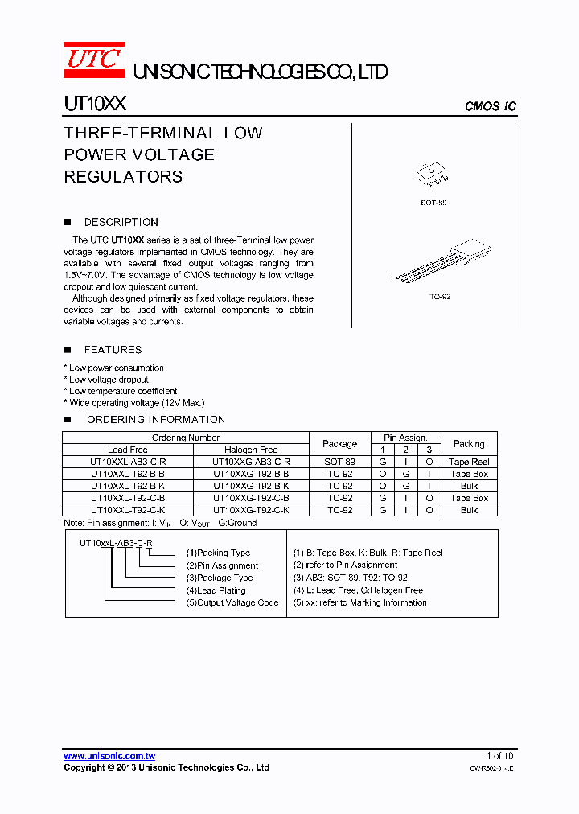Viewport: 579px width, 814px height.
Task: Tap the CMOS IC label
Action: click(490, 106)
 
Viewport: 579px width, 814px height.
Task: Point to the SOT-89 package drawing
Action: click(433, 175)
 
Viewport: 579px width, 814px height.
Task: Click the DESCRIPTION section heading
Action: click(121, 222)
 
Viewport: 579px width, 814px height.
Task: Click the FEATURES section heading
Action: click(113, 350)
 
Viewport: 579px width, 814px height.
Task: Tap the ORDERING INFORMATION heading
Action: click(155, 420)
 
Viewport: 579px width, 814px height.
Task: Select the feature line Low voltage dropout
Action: click(109, 380)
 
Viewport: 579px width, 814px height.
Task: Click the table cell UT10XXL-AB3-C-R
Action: click(128, 462)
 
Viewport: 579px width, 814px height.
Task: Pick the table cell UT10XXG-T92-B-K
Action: click(251, 486)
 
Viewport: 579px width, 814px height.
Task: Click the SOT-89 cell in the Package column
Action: click(339, 462)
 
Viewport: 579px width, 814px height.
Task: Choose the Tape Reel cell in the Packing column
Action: click(469, 462)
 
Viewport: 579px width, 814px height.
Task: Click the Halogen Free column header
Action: click(251, 450)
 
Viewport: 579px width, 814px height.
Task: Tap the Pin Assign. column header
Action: click(405, 438)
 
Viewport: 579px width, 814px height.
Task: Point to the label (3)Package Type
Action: click(219, 578)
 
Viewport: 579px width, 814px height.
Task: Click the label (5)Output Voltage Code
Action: click(232, 602)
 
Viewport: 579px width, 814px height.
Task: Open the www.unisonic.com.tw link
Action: click(109, 756)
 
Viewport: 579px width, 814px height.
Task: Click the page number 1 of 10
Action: click(499, 755)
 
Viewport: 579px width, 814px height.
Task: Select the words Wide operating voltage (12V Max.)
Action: click(137, 403)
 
